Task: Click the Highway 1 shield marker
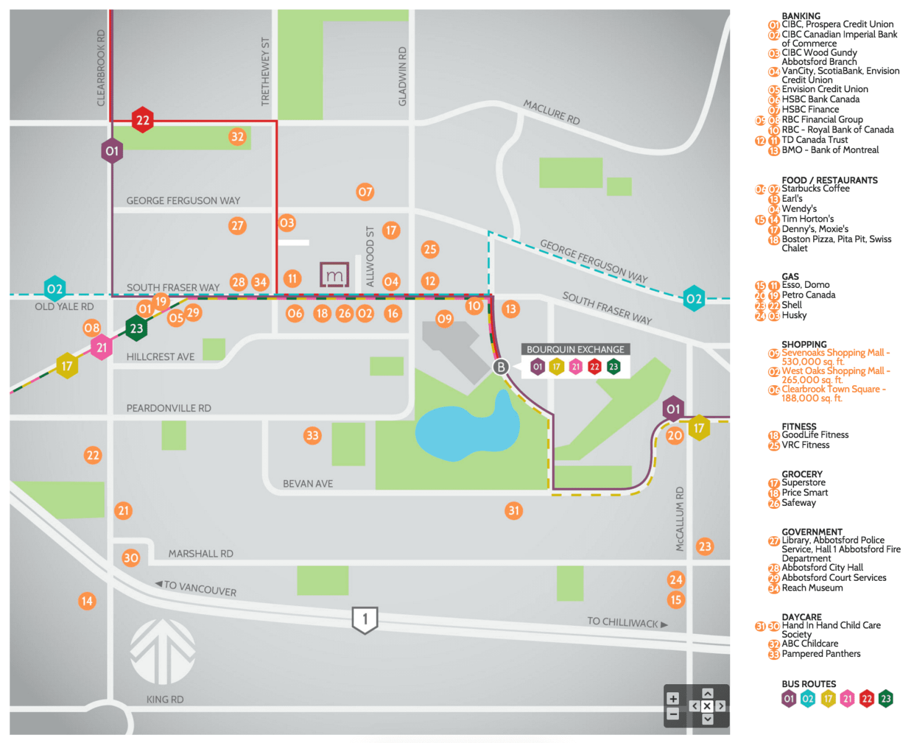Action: pos(364,619)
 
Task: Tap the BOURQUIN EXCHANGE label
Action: pos(575,349)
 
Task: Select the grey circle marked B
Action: pos(501,367)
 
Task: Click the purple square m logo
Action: pos(334,274)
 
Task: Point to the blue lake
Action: pos(465,429)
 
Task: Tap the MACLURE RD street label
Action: pos(551,112)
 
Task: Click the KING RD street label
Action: pos(165,699)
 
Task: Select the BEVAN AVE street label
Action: pos(308,484)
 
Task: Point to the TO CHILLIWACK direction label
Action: pos(627,622)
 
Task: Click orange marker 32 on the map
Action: pos(237,136)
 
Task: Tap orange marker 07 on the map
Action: pos(364,191)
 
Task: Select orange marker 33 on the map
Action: pos(313,435)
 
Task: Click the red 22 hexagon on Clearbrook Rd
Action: pos(142,119)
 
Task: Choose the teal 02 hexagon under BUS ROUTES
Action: pos(807,698)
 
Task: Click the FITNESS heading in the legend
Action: pos(798,426)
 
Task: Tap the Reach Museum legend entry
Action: pos(811,588)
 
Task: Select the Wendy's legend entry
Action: pos(798,209)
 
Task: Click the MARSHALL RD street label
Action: pos(200,554)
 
